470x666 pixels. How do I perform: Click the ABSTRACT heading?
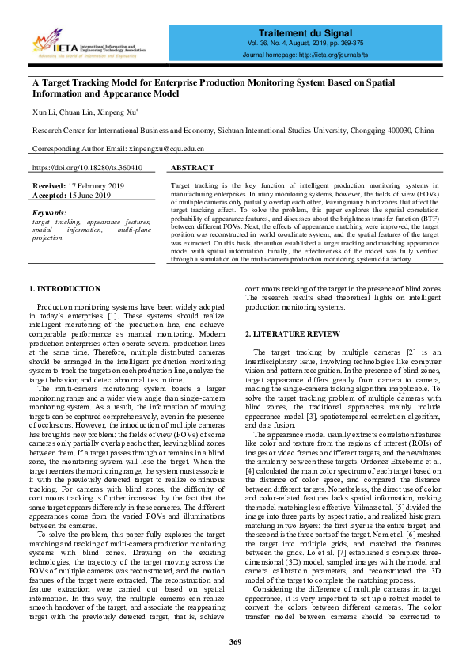(192, 169)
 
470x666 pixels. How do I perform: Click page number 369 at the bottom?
(235, 641)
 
